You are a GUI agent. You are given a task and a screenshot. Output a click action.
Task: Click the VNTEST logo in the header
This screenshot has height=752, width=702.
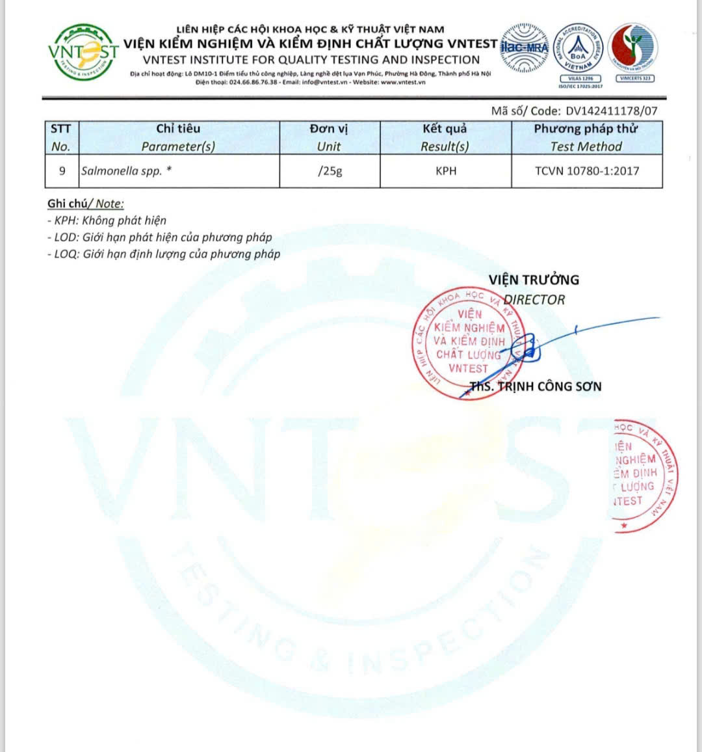tap(83, 51)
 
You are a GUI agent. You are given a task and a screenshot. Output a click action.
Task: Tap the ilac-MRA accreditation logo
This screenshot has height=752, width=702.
tap(525, 47)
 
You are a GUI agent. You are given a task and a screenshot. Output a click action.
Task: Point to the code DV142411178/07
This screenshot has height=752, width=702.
tap(612, 111)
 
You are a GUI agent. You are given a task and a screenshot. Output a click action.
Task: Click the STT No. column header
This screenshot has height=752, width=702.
tap(61, 137)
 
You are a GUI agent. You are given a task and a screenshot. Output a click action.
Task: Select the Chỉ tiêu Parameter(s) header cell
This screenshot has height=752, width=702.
tap(178, 137)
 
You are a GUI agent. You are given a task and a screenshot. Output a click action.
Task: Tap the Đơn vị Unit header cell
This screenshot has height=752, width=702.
tap(329, 137)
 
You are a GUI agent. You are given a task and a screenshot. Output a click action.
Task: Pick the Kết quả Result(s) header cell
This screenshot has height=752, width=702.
tap(445, 137)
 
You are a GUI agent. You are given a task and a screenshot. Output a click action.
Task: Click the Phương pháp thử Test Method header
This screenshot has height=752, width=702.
tap(586, 137)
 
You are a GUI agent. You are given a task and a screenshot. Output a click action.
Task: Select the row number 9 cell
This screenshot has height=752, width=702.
tap(62, 171)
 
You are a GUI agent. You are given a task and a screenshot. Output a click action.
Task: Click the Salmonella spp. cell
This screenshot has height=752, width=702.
tap(127, 171)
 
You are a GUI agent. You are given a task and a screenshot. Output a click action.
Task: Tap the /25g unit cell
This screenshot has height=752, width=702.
tap(330, 171)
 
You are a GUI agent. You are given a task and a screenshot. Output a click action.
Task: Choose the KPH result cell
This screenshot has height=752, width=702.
tap(446, 171)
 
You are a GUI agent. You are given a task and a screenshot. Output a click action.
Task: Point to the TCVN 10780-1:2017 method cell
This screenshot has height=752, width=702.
tap(587, 171)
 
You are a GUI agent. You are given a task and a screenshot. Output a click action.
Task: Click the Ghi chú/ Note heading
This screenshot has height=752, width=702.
tap(85, 204)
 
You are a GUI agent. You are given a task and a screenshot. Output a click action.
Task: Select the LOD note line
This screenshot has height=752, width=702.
tap(159, 237)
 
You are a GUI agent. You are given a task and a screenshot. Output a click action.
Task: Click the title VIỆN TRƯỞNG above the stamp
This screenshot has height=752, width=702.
tap(534, 280)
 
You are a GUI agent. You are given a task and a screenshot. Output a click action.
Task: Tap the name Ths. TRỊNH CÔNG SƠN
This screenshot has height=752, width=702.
tap(536, 386)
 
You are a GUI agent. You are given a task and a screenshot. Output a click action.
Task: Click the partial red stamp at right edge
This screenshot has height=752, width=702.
tap(643, 475)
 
